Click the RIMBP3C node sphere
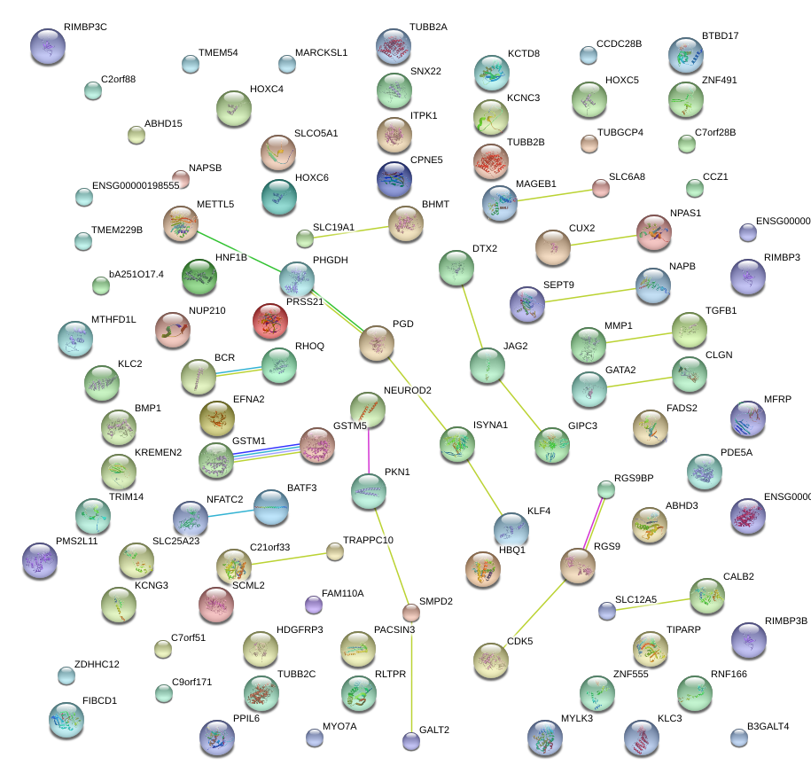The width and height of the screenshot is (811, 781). pyautogui.click(x=47, y=45)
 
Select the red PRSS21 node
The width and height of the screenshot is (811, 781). pyautogui.click(x=269, y=321)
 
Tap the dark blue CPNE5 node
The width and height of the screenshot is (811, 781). pyautogui.click(x=394, y=178)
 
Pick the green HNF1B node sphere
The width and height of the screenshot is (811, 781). pyautogui.click(x=199, y=277)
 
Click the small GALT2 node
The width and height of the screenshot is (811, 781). pyautogui.click(x=410, y=740)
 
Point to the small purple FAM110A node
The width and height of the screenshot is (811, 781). pyautogui.click(x=313, y=605)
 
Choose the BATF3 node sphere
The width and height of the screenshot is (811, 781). pyautogui.click(x=270, y=507)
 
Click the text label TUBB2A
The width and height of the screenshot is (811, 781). pyautogui.click(x=428, y=27)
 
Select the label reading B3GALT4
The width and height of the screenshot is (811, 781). pyautogui.click(x=768, y=727)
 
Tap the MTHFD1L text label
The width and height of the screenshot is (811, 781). pyautogui.click(x=113, y=319)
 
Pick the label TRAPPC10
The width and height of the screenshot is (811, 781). pyautogui.click(x=368, y=540)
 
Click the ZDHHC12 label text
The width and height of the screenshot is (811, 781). pyautogui.click(x=97, y=664)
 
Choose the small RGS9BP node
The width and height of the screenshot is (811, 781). pyautogui.click(x=605, y=489)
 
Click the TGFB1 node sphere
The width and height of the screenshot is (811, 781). pyautogui.click(x=690, y=330)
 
